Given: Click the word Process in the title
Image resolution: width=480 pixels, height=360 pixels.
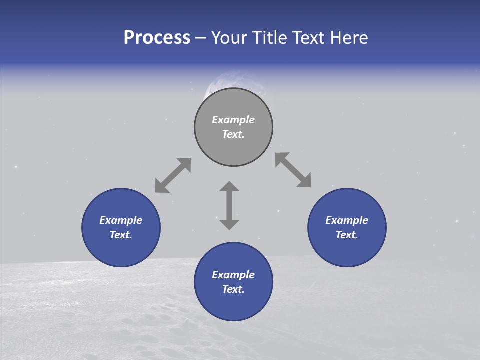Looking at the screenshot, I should pos(157,38).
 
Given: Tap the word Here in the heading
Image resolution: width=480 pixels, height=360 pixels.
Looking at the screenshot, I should pos(348,38).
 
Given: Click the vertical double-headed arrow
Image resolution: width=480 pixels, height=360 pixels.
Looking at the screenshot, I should pos(229,205).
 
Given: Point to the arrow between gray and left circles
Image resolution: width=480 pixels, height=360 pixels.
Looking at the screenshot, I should pos(173,175).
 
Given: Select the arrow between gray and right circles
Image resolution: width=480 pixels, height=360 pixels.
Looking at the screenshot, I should pos(293,170).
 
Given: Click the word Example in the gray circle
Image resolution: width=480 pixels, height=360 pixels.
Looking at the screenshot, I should pos(233,120).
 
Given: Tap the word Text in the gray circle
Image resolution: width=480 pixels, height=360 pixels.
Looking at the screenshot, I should pos(233,134).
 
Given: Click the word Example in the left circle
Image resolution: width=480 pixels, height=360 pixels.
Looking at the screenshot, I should pos(121,220).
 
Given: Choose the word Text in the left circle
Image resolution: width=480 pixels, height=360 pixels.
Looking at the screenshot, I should pos(121,235).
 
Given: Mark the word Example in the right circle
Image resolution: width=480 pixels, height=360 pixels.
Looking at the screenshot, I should pos(347,220).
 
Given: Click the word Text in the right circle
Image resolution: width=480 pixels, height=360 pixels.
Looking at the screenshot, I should pos(347,235).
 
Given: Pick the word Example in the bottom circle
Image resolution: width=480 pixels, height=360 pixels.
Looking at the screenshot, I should pos(233,275).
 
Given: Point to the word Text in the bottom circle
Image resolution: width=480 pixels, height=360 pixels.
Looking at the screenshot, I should pos(233,289).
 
